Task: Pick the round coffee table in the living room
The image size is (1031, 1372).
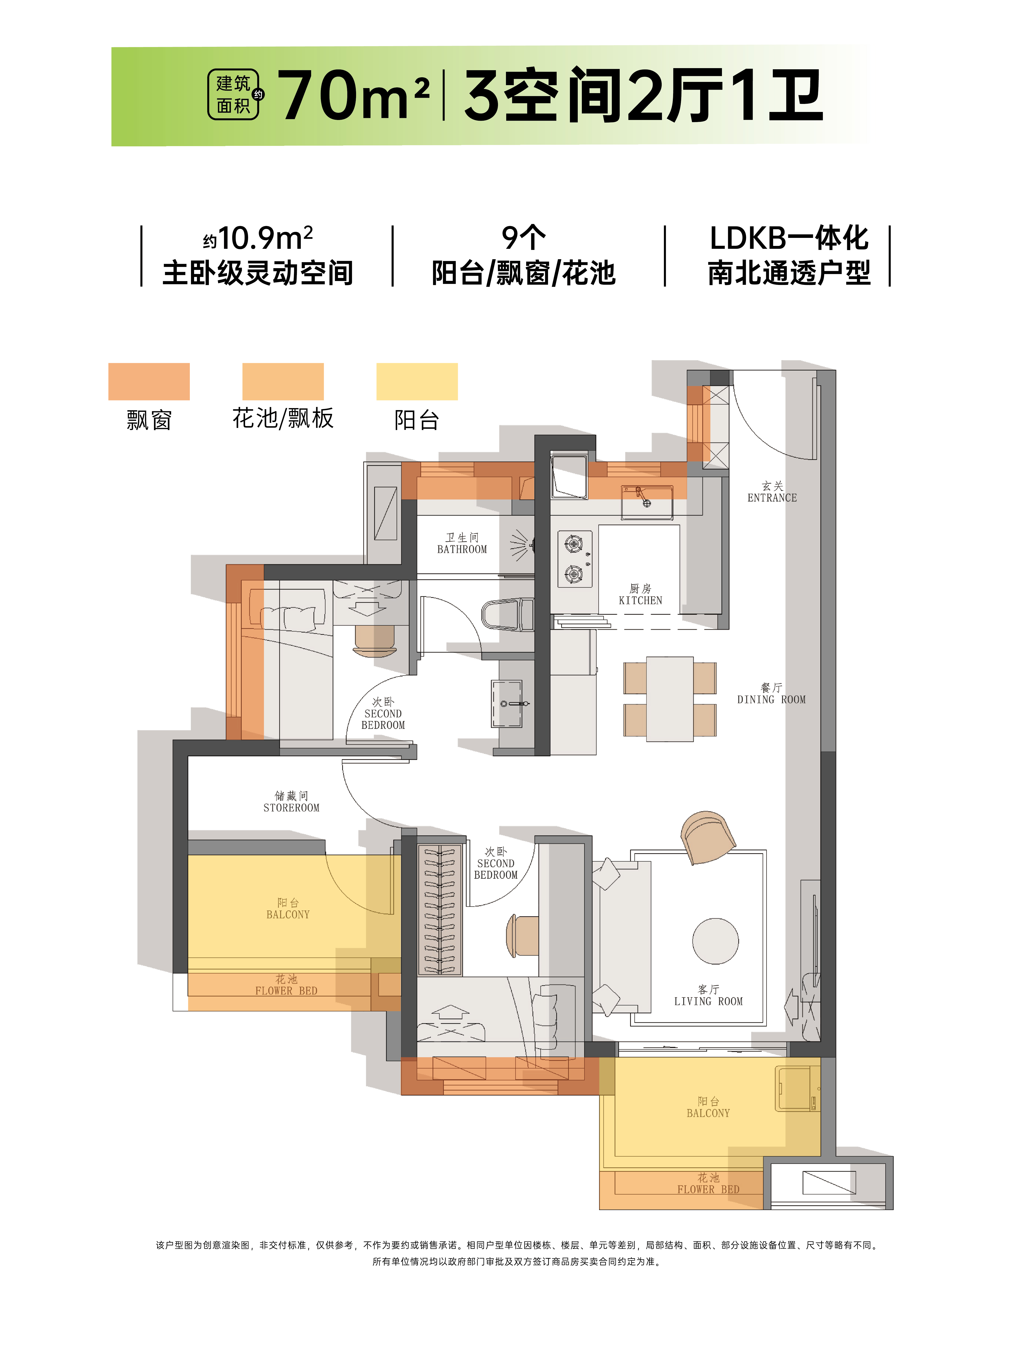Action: [716, 941]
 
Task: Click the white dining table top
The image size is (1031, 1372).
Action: [669, 699]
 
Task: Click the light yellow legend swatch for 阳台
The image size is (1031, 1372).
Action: [417, 381]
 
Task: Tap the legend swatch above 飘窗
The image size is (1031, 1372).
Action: [149, 381]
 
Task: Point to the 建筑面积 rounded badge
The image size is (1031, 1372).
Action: [233, 94]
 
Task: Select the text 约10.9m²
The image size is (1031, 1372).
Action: [258, 238]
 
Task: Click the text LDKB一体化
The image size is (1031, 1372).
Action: [789, 238]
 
